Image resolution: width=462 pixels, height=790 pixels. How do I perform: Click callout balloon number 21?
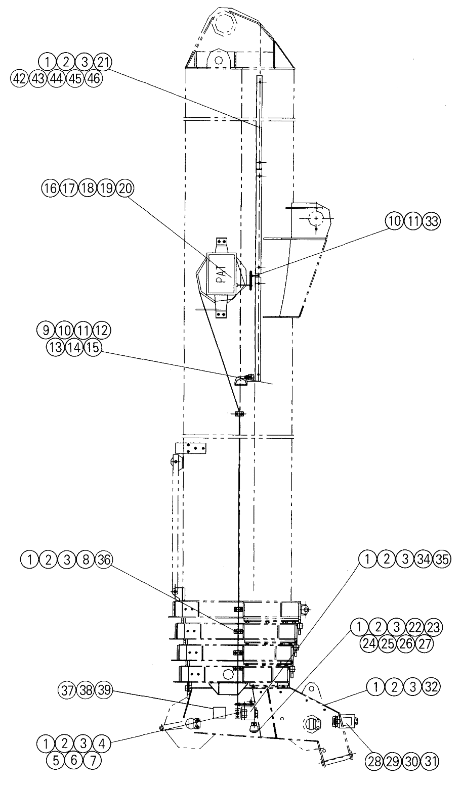(x=102, y=63)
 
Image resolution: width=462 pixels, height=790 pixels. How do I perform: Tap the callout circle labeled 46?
(x=94, y=78)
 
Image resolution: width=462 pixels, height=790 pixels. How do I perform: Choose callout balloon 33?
(x=432, y=221)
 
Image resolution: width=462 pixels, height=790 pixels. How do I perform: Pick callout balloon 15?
(x=93, y=348)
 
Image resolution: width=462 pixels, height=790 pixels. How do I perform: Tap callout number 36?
(x=104, y=560)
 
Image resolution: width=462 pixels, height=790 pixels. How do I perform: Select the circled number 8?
(x=86, y=560)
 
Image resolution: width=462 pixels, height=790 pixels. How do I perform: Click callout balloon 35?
(x=442, y=560)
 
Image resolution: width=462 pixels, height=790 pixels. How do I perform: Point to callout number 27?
(x=424, y=644)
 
